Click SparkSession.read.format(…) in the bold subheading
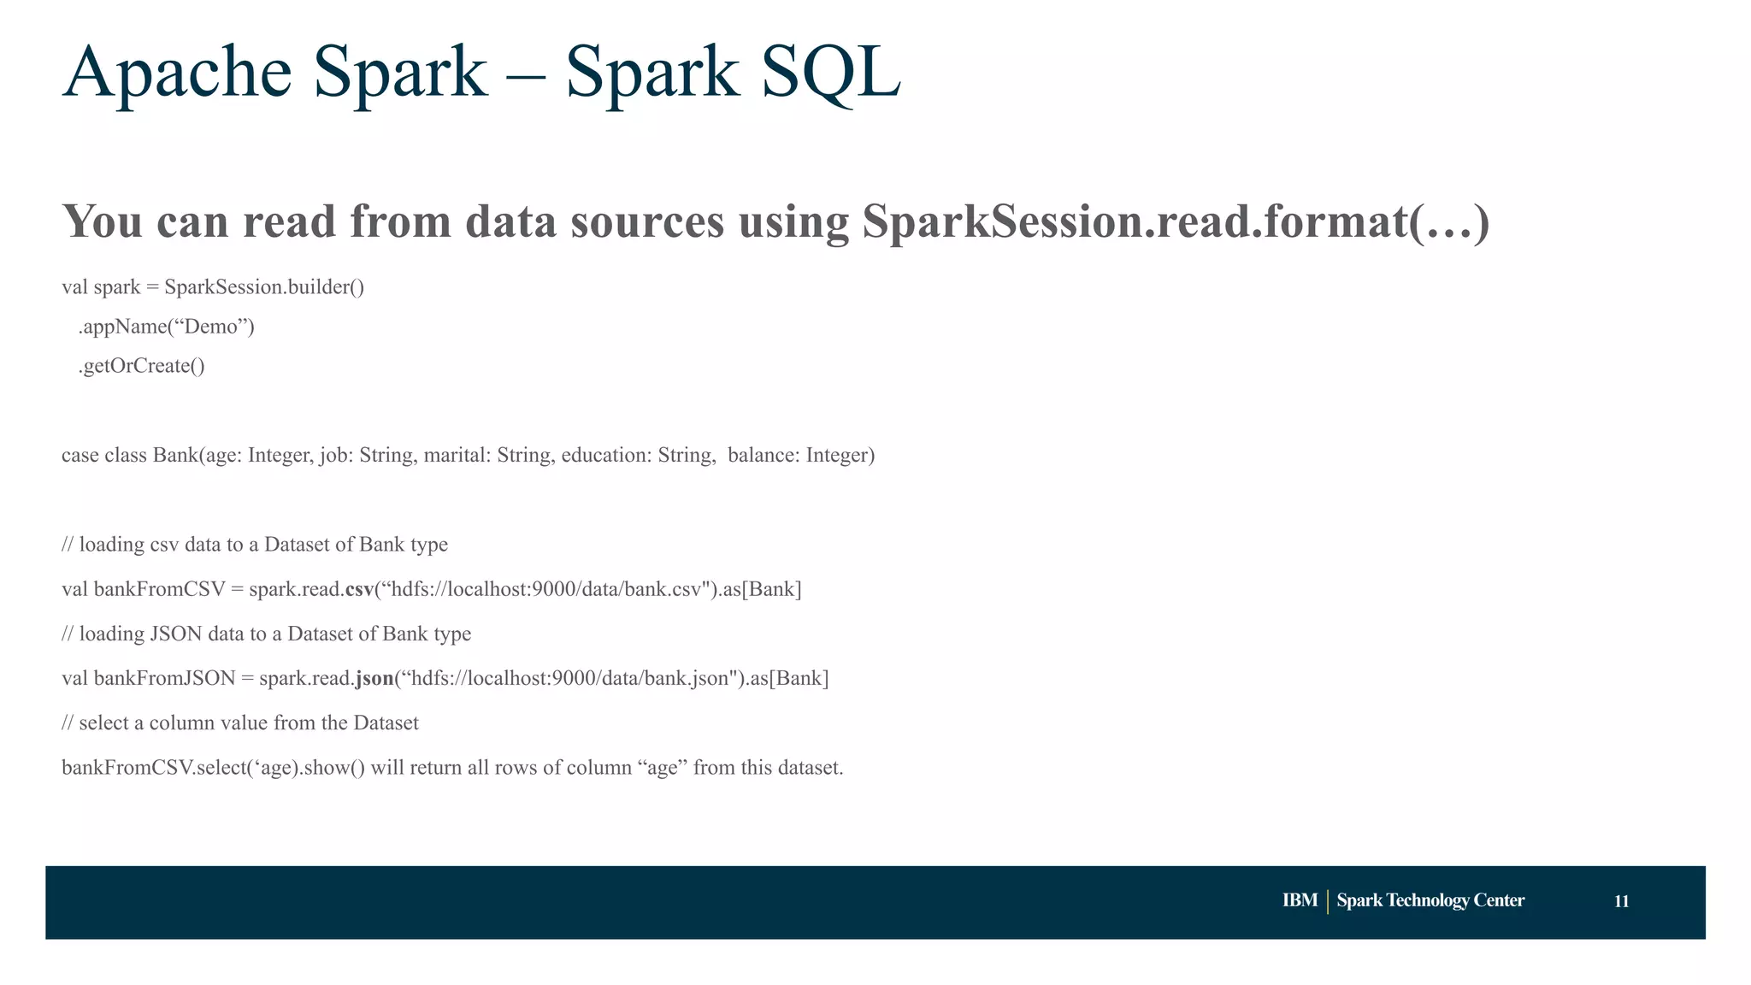1176,221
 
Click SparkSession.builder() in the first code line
264,287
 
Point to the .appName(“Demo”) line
167,327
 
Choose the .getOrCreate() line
142,366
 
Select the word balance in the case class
763,455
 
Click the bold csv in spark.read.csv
359,589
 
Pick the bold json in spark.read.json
374,678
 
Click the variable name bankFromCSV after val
159,589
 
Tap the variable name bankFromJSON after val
164,678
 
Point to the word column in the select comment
182,723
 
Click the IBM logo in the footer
1300,900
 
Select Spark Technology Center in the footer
1430,900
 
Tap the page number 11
1621,901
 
